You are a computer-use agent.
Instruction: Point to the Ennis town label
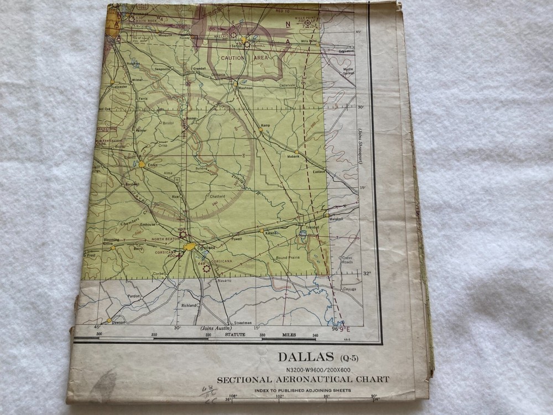point(153,166)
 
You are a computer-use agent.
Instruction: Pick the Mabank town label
point(293,157)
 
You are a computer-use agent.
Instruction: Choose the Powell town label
point(237,240)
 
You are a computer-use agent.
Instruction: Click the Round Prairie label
point(288,258)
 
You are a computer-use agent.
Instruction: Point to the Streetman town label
point(242,323)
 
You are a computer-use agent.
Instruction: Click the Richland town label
point(189,305)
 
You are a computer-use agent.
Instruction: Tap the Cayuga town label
point(349,289)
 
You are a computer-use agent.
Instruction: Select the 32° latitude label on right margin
point(367,273)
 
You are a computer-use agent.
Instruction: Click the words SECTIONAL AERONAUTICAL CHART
point(302,380)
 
